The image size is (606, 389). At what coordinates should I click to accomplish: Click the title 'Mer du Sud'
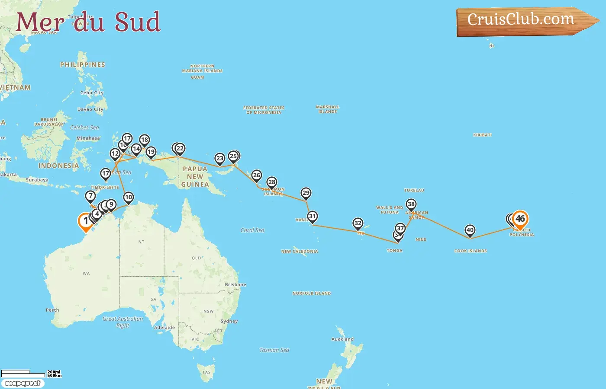[88, 22]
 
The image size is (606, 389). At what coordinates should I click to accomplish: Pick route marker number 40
[470, 230]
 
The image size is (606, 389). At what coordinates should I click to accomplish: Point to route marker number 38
[411, 204]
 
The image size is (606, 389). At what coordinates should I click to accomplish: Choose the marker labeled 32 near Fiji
[358, 223]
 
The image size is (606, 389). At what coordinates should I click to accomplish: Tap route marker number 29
[306, 193]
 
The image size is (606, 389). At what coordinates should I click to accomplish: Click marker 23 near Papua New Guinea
[220, 159]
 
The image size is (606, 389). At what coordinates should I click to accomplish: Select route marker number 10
[129, 198]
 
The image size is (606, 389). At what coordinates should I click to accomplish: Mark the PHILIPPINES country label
[83, 65]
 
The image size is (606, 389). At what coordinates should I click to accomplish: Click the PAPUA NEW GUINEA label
[195, 177]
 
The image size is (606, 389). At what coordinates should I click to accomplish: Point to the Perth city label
[52, 310]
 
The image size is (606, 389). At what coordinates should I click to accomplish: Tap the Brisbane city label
[235, 284]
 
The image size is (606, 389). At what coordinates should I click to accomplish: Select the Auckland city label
[342, 339]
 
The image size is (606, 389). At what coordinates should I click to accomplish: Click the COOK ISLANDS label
[471, 251]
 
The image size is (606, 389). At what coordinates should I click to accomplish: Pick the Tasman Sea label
[274, 350]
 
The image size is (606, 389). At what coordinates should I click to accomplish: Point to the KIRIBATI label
[482, 135]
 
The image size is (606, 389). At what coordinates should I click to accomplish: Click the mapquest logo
[23, 383]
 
